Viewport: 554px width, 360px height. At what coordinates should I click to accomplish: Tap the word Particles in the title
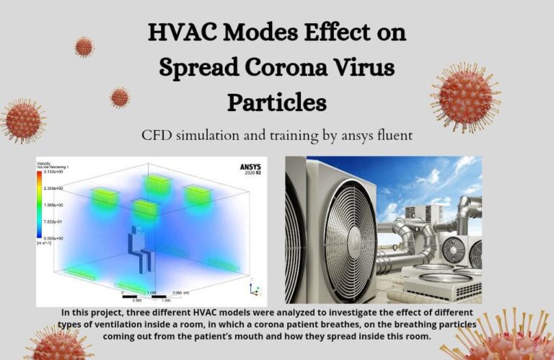[x=277, y=102]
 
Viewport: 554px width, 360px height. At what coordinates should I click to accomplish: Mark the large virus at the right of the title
[x=465, y=97]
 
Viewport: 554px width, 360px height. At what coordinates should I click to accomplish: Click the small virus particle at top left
[x=84, y=47]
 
